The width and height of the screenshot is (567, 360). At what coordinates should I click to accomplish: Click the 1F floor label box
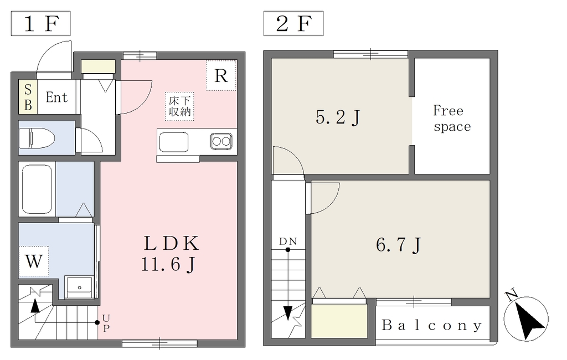coord(40,23)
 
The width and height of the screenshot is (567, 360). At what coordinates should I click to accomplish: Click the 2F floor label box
coord(293,23)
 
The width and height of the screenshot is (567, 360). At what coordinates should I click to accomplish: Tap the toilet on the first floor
coord(37,138)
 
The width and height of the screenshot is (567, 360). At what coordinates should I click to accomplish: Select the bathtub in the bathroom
coord(37,189)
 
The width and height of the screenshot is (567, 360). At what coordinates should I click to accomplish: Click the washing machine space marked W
coord(34,261)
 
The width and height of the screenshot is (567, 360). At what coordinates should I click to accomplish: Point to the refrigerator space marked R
coord(221,76)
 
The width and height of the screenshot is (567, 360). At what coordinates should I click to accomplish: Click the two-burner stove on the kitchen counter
coord(221,141)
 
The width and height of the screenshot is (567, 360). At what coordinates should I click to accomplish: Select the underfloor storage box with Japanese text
coord(179,106)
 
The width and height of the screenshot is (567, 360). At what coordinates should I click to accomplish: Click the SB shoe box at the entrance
coord(28,97)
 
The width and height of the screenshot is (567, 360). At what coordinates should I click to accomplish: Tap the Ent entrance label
coord(57,97)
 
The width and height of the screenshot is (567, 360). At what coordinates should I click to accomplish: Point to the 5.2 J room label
coord(338,117)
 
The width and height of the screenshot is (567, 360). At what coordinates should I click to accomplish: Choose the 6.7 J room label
coord(398,245)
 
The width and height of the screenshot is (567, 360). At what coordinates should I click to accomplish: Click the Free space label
coord(451,119)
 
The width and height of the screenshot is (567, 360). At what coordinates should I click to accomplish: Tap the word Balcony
coord(432,325)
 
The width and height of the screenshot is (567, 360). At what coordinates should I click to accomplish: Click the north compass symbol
coord(526,317)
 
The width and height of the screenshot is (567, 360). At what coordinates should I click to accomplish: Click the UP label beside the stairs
coord(106,323)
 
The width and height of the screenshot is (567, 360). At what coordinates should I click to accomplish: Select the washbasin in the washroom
coord(79,287)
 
